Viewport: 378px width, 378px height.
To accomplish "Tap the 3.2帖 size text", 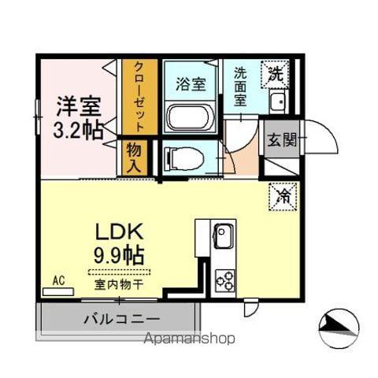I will (x=79, y=130).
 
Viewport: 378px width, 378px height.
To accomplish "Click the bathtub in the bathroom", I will (x=189, y=118).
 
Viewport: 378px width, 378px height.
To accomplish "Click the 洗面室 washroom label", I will (x=241, y=85).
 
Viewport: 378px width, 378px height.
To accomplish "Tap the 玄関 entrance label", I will (x=282, y=141).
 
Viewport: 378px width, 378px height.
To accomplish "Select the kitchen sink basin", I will (x=224, y=235).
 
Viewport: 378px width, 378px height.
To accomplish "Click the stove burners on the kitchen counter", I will (x=224, y=280).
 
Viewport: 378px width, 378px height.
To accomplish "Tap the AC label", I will (x=58, y=280).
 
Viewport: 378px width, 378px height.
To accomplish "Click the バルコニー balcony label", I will (x=121, y=319).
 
